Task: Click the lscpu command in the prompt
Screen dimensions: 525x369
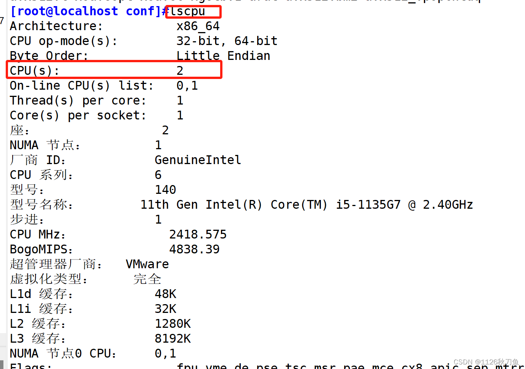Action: pyautogui.click(x=188, y=11)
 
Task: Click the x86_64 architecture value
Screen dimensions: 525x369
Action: pyautogui.click(x=198, y=26)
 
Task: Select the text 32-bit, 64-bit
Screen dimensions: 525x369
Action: pyautogui.click(x=227, y=41)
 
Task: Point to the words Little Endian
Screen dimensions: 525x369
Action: pyautogui.click(x=223, y=56)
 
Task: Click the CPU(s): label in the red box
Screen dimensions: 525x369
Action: pyautogui.click(x=34, y=71)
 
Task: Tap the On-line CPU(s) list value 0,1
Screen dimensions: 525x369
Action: pyautogui.click(x=187, y=86)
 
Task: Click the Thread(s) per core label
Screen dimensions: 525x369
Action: pyautogui.click(x=78, y=101)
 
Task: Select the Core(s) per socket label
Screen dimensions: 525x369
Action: pyautogui.click(x=78, y=116)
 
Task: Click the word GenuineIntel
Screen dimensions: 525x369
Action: pyautogui.click(x=198, y=160)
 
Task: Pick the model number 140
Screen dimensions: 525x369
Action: pyautogui.click(x=165, y=190)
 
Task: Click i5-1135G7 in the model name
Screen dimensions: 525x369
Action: pyautogui.click(x=368, y=205)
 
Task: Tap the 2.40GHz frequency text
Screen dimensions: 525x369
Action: pyautogui.click(x=448, y=205)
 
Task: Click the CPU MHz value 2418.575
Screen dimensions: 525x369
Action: pyautogui.click(x=198, y=235)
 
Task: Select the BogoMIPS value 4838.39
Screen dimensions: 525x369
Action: pyautogui.click(x=194, y=250)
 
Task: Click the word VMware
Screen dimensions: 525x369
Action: pyautogui.click(x=147, y=264)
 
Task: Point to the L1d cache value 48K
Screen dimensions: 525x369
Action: pyautogui.click(x=165, y=294)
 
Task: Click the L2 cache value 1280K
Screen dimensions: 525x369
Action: pyautogui.click(x=172, y=324)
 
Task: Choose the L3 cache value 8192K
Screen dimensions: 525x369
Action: pyautogui.click(x=172, y=339)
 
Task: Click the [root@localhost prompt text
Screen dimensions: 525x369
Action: pyautogui.click(x=64, y=11)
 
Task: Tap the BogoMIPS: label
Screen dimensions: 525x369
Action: pyautogui.click(x=41, y=250)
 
